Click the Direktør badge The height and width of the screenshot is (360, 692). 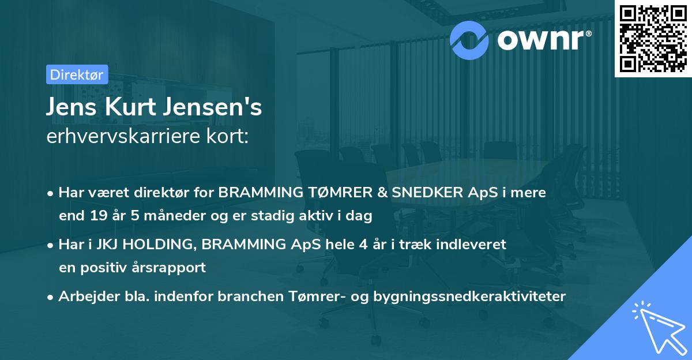point(76,75)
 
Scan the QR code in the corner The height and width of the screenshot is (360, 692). point(653,39)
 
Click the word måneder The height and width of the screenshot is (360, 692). point(164,216)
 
